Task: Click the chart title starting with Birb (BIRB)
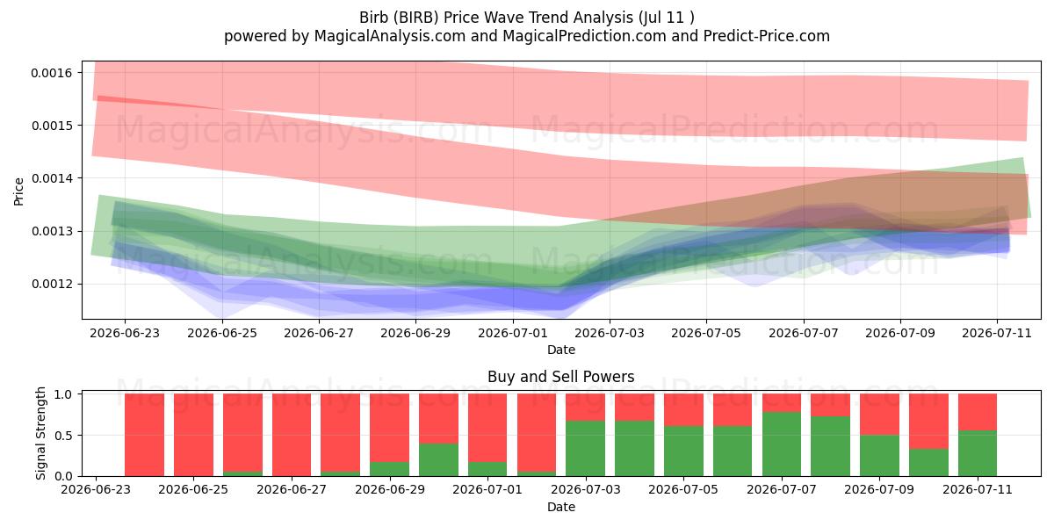pyautogui.click(x=526, y=18)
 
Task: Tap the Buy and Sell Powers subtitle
pyautogui.click(x=561, y=377)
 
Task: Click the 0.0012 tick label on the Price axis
pyautogui.click(x=52, y=285)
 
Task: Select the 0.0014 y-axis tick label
pyautogui.click(x=52, y=178)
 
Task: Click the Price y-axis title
pyautogui.click(x=18, y=191)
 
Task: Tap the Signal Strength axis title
pyautogui.click(x=41, y=433)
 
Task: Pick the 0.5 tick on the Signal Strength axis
pyautogui.click(x=63, y=436)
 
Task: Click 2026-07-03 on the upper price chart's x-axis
pyautogui.click(x=610, y=333)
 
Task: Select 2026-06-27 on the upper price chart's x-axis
pyautogui.click(x=319, y=333)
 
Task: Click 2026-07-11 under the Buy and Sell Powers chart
pyautogui.click(x=978, y=489)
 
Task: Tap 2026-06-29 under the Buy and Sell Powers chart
pyautogui.click(x=390, y=489)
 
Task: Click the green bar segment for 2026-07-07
pyautogui.click(x=782, y=444)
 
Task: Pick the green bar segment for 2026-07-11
pyautogui.click(x=978, y=453)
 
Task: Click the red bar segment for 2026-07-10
pyautogui.click(x=928, y=421)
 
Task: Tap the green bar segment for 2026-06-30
pyautogui.click(x=438, y=459)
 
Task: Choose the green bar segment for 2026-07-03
pyautogui.click(x=585, y=448)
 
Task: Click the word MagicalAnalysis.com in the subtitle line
pyautogui.click(x=390, y=36)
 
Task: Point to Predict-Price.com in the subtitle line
pyautogui.click(x=767, y=36)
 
